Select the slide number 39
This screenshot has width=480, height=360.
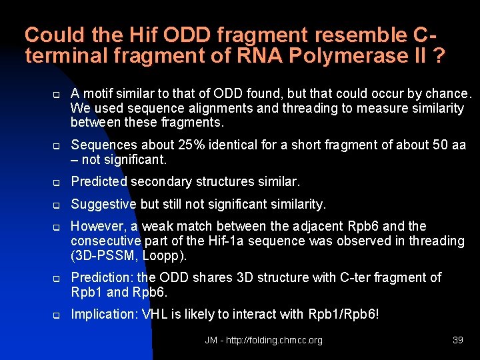point(457,340)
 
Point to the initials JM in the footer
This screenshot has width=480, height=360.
point(211,340)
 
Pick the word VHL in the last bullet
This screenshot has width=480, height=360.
point(157,313)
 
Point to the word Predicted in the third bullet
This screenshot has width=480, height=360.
point(99,181)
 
